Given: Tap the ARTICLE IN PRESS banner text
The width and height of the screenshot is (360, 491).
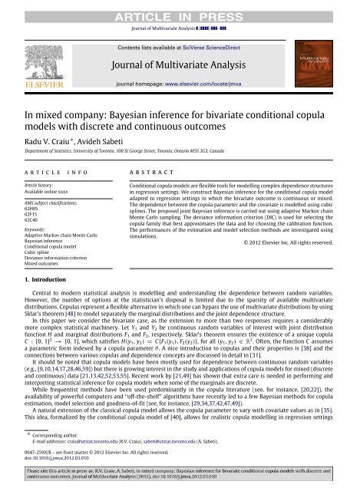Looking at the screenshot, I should (x=180, y=8).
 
